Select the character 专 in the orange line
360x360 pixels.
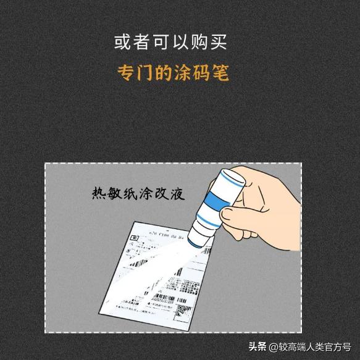coord(127,73)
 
